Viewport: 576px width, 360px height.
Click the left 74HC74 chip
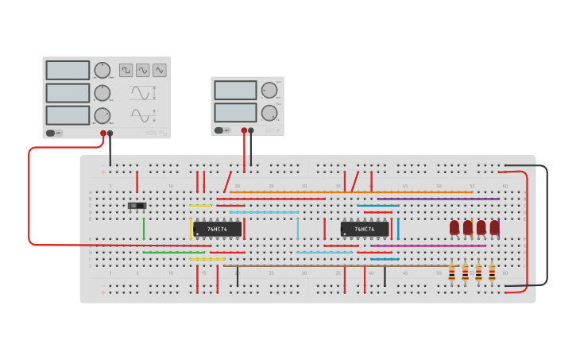click(x=217, y=229)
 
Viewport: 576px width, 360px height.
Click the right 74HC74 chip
click(x=365, y=229)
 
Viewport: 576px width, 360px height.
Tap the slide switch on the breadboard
click(x=137, y=206)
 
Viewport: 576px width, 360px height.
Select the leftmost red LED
click(x=454, y=227)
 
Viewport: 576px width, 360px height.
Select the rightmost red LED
click(x=494, y=227)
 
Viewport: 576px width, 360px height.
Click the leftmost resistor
click(x=452, y=273)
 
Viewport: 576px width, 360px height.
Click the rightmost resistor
click(x=492, y=273)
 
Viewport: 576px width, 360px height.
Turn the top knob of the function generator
click(x=102, y=70)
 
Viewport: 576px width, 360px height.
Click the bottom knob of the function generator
click(x=102, y=115)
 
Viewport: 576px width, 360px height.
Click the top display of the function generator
click(x=68, y=70)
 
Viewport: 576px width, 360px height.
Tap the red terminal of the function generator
click(x=103, y=134)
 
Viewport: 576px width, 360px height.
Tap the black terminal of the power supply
click(x=251, y=130)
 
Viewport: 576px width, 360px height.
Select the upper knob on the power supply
click(x=269, y=90)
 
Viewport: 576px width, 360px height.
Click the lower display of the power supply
click(x=235, y=112)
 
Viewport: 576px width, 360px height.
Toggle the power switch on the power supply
click(x=219, y=130)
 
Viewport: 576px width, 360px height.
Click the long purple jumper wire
click(x=437, y=199)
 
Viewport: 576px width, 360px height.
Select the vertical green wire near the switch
click(x=144, y=229)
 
